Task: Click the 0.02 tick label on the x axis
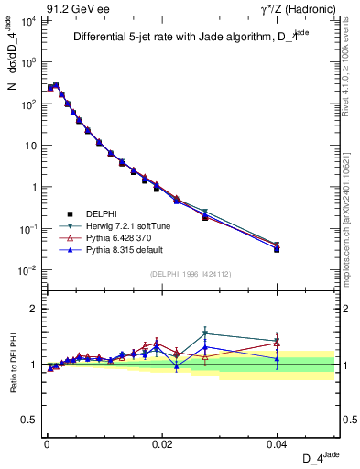[x=162, y=443]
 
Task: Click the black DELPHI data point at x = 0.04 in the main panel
[x=277, y=249]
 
